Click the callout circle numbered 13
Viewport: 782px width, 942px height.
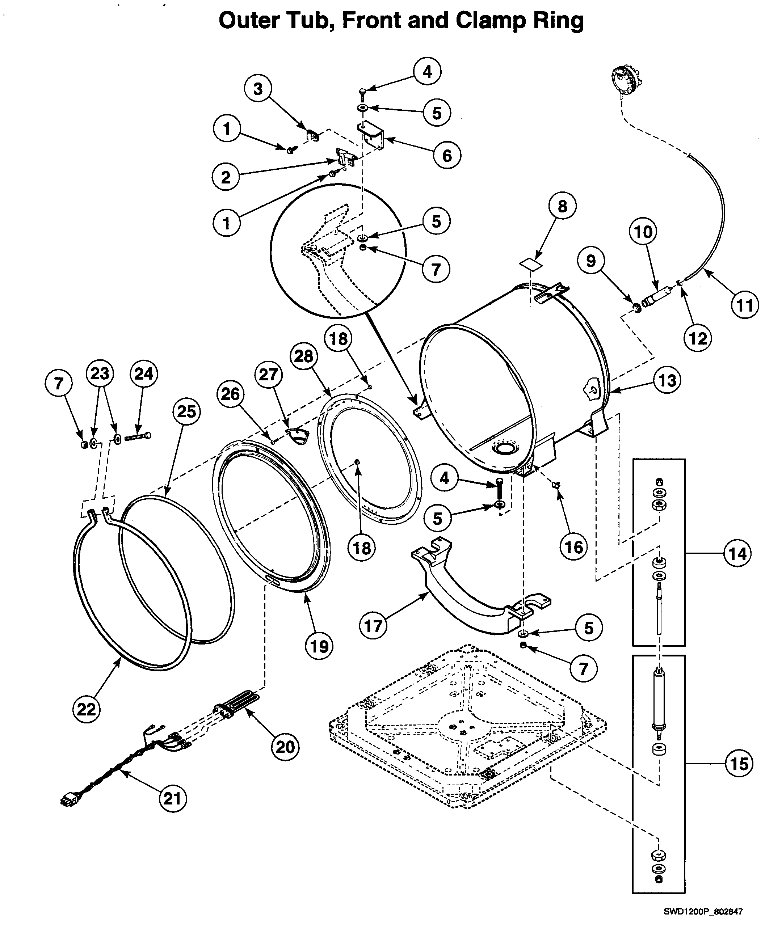click(x=667, y=380)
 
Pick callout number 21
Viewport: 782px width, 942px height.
click(x=172, y=798)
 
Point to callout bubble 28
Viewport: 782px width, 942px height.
click(x=304, y=356)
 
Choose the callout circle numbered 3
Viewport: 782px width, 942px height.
click(x=258, y=88)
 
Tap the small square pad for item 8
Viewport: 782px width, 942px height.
click(x=530, y=264)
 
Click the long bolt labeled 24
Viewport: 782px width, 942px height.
click(x=137, y=436)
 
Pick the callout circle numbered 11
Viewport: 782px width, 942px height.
click(x=745, y=305)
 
